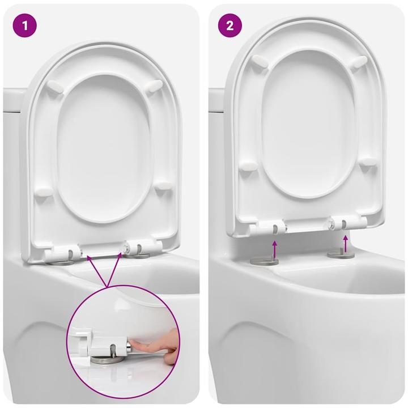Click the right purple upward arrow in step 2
coord(346,243)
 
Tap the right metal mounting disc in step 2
coord(341,254)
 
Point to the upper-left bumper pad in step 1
coord(55,87)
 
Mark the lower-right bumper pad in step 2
coord(368,161)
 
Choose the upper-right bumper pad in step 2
coord(358,61)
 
